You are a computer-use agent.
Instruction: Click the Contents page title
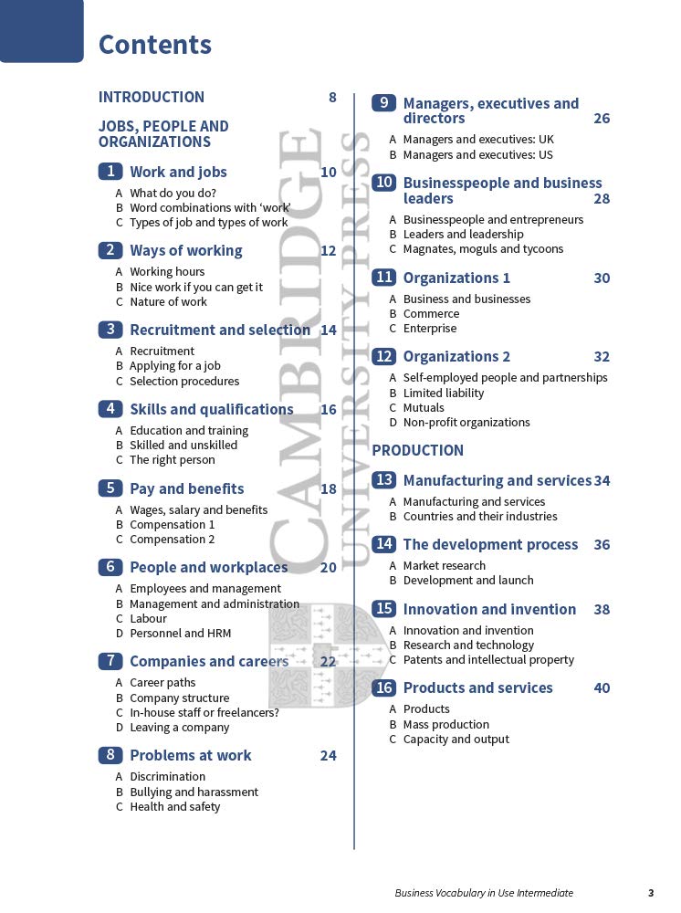pos(155,45)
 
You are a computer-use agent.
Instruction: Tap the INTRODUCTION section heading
pos(152,97)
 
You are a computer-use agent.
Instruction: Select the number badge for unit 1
pos(110,172)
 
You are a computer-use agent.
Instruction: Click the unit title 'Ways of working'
pos(186,250)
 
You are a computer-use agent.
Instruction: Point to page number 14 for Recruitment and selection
pos(329,330)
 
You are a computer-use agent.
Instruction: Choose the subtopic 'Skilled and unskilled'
pos(183,445)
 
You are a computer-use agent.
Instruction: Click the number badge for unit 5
pos(110,488)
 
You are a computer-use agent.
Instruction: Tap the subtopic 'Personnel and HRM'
pos(181,633)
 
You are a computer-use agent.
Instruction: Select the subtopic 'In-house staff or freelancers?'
pos(204,712)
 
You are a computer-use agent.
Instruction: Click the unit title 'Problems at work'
pos(191,755)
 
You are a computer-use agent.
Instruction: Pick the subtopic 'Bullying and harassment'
pos(194,792)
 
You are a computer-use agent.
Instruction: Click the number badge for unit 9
pos(384,103)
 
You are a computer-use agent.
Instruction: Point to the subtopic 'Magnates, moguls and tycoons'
pos(484,248)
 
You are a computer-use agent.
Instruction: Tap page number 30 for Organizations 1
pos(602,278)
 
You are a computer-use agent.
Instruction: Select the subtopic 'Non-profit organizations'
pos(466,422)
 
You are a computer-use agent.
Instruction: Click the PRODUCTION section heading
pos(418,450)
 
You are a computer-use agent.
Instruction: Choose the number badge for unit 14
pos(384,544)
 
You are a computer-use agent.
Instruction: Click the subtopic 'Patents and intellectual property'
pos(489,659)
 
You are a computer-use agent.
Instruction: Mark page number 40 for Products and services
pos(602,687)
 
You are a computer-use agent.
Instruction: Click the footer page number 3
pos(651,893)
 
